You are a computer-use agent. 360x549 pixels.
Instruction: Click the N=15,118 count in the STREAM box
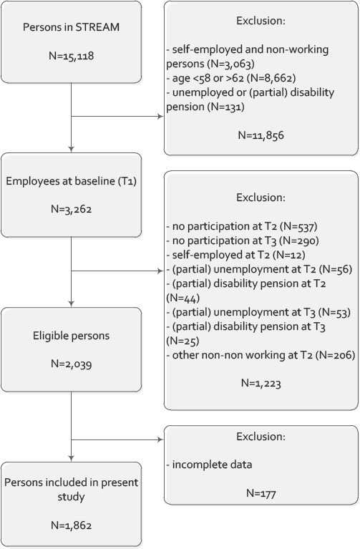tap(71, 56)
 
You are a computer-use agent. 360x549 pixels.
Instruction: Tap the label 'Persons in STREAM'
tap(71, 27)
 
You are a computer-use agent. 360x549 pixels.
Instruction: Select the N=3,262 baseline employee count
tap(71, 210)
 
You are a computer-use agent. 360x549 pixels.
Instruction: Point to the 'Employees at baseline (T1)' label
tap(71, 181)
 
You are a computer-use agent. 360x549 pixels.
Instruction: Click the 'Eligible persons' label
tap(71, 336)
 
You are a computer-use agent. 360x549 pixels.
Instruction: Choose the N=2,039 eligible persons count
tap(71, 364)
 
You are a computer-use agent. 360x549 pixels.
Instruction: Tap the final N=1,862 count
tap(71, 525)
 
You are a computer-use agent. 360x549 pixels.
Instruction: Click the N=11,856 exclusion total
tap(261, 135)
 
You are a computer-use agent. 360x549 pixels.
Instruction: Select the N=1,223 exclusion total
tap(261, 384)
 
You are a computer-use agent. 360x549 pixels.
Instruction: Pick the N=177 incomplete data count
tap(261, 493)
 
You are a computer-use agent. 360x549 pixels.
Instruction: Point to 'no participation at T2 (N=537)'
tap(242, 226)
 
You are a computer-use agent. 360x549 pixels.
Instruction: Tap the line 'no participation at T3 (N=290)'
tap(243, 241)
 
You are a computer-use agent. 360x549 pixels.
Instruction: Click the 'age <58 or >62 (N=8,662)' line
tap(231, 78)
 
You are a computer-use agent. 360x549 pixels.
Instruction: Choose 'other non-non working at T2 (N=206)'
tap(261, 355)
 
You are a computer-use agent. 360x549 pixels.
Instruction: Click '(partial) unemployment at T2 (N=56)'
tap(259, 269)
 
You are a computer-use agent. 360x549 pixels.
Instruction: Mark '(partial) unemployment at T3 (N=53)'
tap(258, 312)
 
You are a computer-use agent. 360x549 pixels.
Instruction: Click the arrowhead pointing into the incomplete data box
tap(161, 439)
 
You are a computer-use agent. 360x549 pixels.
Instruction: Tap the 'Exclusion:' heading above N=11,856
tap(261, 21)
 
